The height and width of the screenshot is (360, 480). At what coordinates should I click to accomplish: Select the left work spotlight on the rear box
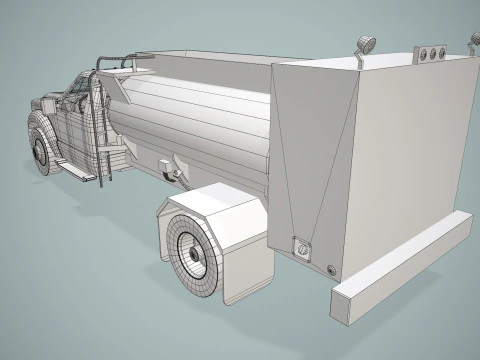pos(366,46)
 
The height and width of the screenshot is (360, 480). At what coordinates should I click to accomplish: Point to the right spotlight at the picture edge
pos(474,41)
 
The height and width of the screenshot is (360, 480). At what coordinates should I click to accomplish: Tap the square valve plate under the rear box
pos(300,244)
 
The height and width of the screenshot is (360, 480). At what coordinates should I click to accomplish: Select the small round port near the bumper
pos(332,268)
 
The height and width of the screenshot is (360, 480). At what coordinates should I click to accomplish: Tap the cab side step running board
pos(79,171)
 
